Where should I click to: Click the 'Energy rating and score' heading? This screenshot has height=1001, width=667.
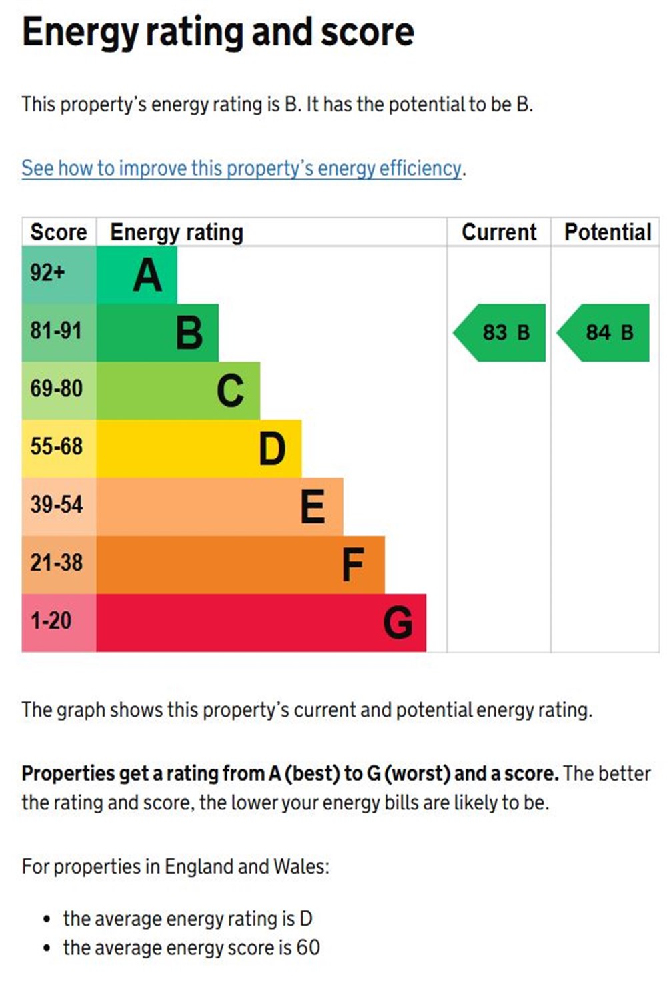(217, 32)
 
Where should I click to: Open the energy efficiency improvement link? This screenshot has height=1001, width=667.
(241, 168)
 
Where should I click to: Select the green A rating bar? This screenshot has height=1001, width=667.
(137, 275)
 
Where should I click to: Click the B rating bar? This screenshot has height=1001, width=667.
(157, 332)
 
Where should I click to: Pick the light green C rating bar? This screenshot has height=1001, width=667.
(178, 390)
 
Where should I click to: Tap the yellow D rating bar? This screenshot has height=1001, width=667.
(199, 448)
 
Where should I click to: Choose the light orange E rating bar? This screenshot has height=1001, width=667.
(219, 507)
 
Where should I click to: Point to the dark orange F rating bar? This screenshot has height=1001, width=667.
(240, 565)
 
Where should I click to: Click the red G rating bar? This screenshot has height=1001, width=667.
(261, 623)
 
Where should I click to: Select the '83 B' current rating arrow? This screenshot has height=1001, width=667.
(501, 332)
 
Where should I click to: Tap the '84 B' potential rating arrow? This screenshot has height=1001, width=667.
(604, 332)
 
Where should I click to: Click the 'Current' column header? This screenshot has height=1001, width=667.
(499, 232)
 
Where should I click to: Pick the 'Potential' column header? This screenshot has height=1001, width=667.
(608, 232)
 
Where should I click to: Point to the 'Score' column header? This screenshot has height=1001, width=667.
(59, 232)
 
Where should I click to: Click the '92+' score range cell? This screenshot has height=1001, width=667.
(59, 274)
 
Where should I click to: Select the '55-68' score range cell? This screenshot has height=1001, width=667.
(59, 448)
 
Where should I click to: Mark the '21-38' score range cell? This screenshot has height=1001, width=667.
(59, 564)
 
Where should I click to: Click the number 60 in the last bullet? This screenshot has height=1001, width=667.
(308, 948)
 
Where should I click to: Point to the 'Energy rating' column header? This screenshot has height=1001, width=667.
(177, 232)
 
